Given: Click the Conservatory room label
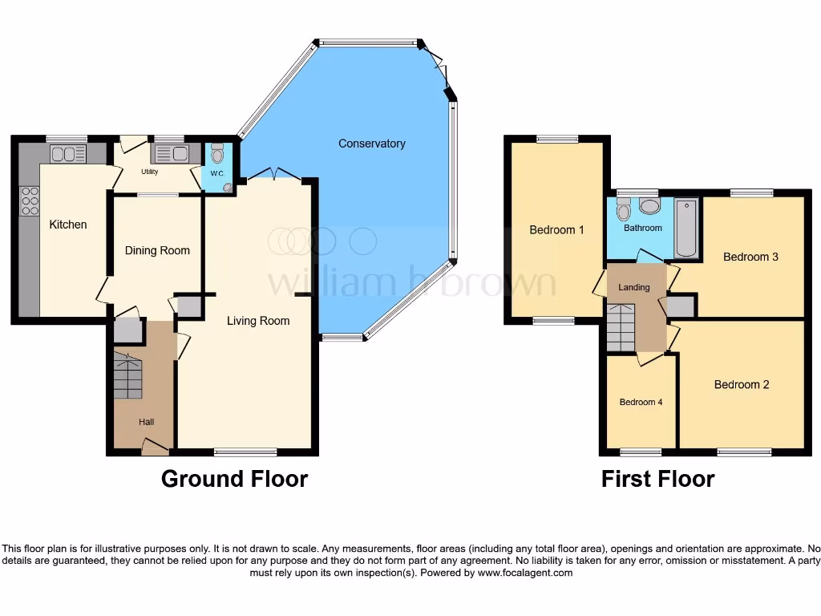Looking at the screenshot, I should (371, 144).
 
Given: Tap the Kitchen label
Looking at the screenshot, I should (68, 225).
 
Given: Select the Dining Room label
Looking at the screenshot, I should (157, 250).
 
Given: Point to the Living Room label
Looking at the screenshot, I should (258, 321).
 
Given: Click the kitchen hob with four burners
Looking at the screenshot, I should (29, 201).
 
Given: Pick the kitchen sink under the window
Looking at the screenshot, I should (68, 153).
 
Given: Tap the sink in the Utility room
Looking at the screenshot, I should (169, 153).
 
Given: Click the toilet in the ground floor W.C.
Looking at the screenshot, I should (217, 153).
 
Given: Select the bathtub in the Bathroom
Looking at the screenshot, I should (686, 228).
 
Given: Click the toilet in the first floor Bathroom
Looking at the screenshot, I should (624, 211).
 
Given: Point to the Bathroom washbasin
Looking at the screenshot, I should (649, 207).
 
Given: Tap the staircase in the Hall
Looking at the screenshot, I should (127, 376).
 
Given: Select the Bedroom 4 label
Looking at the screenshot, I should (641, 402).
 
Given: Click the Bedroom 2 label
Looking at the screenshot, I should (742, 384).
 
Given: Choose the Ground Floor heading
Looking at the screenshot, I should (234, 479).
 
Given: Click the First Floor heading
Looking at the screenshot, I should (657, 479).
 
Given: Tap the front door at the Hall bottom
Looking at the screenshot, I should (155, 448).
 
